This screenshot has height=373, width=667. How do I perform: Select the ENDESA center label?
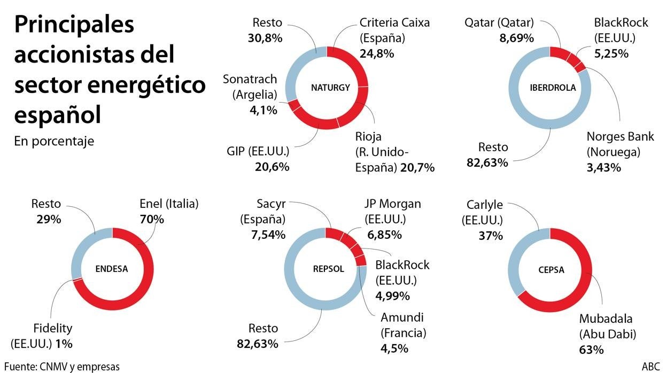click(x=112, y=269)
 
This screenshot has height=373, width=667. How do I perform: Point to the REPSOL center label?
click(x=325, y=269)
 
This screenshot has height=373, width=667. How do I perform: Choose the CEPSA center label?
click(x=549, y=269)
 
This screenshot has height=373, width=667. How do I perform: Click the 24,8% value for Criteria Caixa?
click(x=377, y=53)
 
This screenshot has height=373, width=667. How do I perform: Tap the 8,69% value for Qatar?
click(x=515, y=38)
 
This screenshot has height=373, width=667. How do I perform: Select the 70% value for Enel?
click(x=152, y=219)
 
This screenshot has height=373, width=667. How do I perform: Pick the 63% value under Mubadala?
click(x=591, y=350)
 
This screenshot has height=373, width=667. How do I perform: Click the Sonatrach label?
click(x=250, y=79)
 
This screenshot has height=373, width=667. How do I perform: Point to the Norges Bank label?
click(x=620, y=136)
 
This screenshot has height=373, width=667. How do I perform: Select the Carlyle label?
click(x=485, y=204)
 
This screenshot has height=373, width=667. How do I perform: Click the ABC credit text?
click(x=650, y=367)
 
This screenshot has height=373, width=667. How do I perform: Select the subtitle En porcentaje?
click(x=55, y=141)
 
